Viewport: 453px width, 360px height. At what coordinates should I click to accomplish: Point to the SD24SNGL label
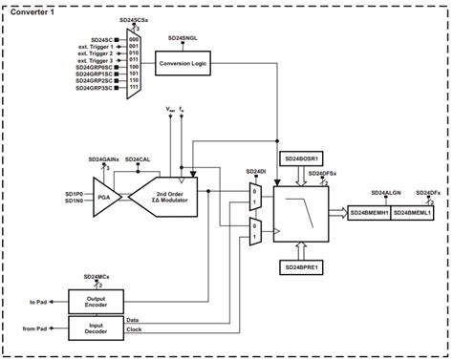[183, 37]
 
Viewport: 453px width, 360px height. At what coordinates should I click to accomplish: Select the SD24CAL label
[140, 159]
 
